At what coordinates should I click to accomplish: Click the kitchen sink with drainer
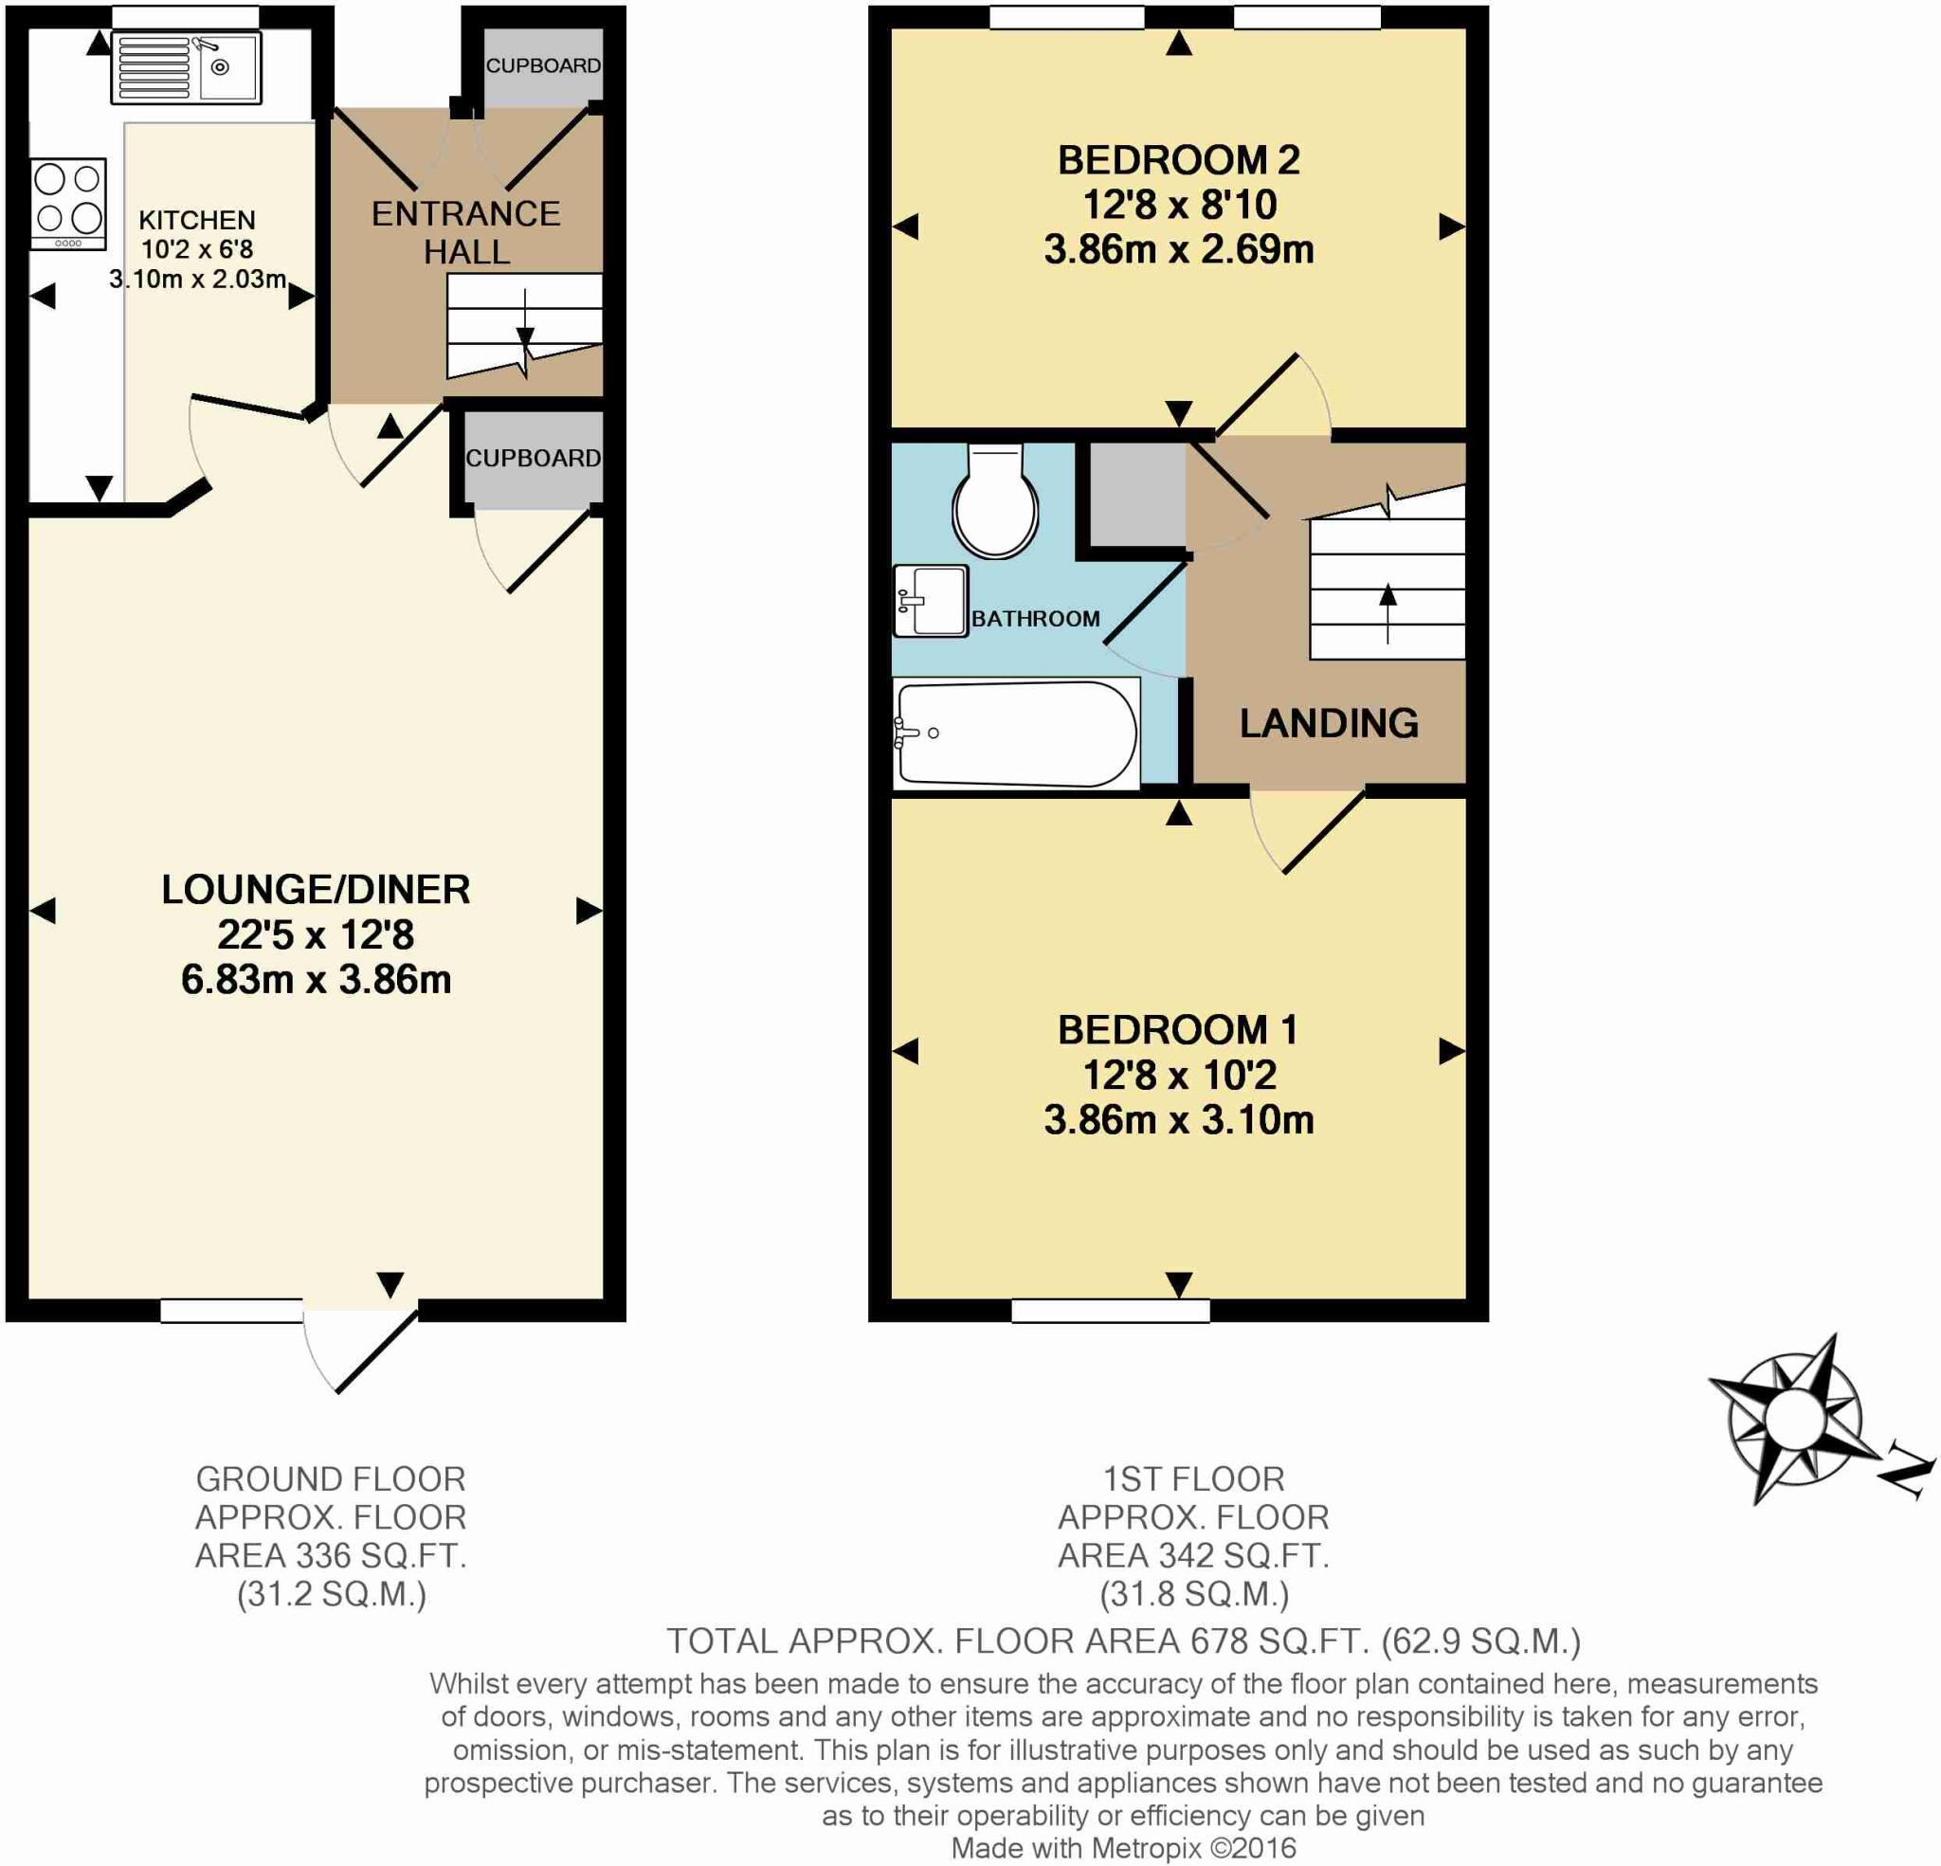click(x=186, y=67)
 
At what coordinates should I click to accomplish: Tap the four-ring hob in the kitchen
click(x=67, y=202)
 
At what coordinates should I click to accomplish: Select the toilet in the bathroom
click(x=995, y=503)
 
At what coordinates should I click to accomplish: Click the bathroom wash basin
click(x=930, y=600)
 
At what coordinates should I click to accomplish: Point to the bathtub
click(x=1015, y=734)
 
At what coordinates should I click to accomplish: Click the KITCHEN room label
click(x=197, y=220)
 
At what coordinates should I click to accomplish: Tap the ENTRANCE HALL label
click(x=465, y=233)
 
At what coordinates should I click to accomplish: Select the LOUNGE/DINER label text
click(x=316, y=890)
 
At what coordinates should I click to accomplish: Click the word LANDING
click(x=1328, y=723)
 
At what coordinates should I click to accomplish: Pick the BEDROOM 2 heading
click(x=1178, y=160)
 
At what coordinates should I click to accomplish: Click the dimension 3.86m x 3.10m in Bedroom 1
click(x=1178, y=1120)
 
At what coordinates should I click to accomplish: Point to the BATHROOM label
click(x=1035, y=619)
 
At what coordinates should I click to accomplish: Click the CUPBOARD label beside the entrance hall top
click(x=543, y=65)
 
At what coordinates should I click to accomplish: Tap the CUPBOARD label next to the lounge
click(x=533, y=459)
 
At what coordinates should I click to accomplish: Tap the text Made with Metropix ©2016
click(x=1123, y=1847)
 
